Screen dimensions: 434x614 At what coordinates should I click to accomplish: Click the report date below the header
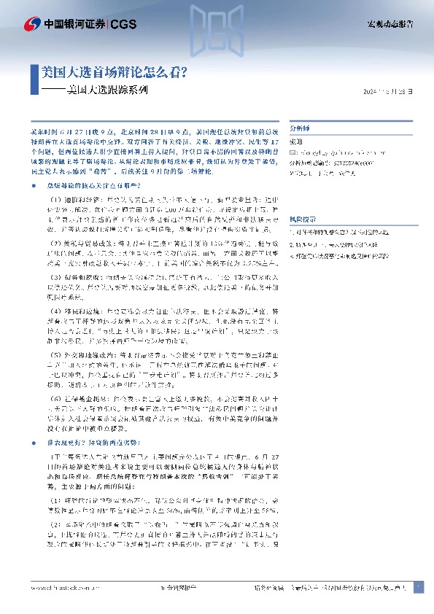pyautogui.click(x=392, y=92)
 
